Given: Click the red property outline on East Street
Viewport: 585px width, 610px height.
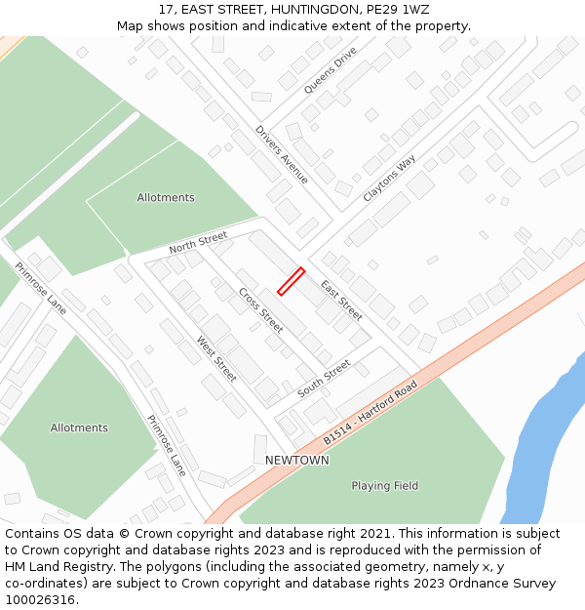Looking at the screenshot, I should tap(291, 281).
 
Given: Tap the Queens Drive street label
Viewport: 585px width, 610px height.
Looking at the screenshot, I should tap(331, 71).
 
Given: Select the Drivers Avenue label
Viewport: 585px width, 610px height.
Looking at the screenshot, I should tap(282, 154).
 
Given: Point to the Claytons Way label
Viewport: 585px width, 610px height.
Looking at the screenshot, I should tap(389, 178).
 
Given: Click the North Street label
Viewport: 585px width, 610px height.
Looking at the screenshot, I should tap(198, 242).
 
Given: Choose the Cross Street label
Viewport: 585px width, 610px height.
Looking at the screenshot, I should tap(260, 310).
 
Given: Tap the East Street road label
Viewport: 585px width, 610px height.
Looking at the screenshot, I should tap(341, 301).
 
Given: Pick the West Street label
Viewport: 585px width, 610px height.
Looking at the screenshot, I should tap(216, 358).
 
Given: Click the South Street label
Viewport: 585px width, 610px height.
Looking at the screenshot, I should tap(324, 379).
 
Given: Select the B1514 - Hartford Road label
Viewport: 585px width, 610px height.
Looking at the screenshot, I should tap(370, 414).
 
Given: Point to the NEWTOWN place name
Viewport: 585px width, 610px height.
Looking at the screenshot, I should tap(297, 460).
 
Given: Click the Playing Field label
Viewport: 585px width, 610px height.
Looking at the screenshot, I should tap(385, 485).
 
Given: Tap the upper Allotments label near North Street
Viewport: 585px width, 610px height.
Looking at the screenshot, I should tap(166, 197).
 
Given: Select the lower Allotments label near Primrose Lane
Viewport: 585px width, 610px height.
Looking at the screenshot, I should tap(79, 427).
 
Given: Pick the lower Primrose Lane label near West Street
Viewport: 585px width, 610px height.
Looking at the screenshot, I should tap(166, 445).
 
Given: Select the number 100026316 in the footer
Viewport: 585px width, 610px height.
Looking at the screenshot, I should tap(38, 599).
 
